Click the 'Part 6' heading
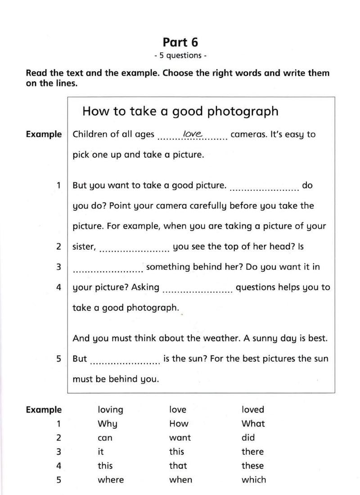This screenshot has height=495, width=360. click(x=180, y=42)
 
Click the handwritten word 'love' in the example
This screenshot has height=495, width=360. click(x=193, y=134)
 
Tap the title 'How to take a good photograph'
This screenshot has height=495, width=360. click(x=180, y=111)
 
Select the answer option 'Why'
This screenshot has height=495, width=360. click(x=107, y=424)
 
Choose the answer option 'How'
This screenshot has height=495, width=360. click(x=179, y=423)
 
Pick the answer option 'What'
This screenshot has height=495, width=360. click(x=253, y=423)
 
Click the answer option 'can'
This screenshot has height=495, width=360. click(x=105, y=438)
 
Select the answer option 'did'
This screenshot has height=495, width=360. click(x=248, y=437)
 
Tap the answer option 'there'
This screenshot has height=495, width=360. click(x=252, y=451)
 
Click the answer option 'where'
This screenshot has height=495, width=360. click(x=111, y=480)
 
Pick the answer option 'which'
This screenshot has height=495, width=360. click(x=253, y=480)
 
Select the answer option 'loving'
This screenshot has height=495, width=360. click(x=110, y=410)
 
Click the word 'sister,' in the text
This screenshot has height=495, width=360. click(x=84, y=247)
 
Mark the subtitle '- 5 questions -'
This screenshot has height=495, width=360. click(x=180, y=56)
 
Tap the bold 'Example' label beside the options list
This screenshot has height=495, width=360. click(x=44, y=409)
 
